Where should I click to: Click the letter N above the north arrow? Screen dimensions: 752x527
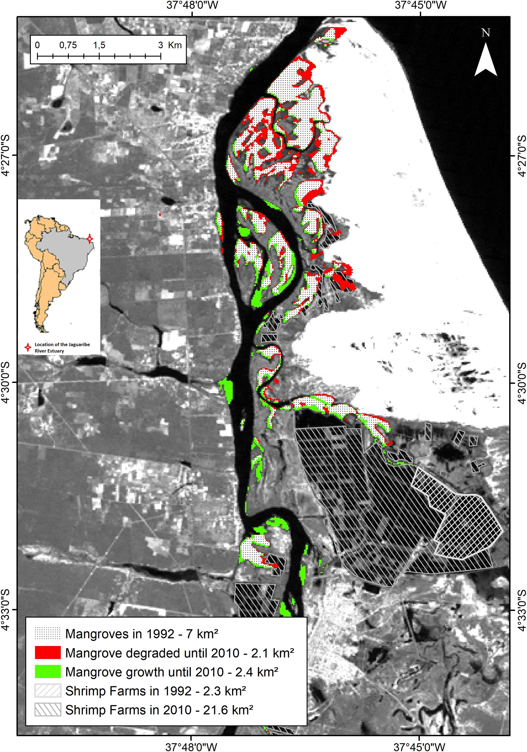tap(486, 33)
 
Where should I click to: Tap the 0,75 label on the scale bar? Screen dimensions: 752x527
tap(68, 45)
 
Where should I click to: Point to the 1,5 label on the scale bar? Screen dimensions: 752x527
tap(99, 45)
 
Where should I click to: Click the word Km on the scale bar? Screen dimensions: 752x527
tap(175, 45)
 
